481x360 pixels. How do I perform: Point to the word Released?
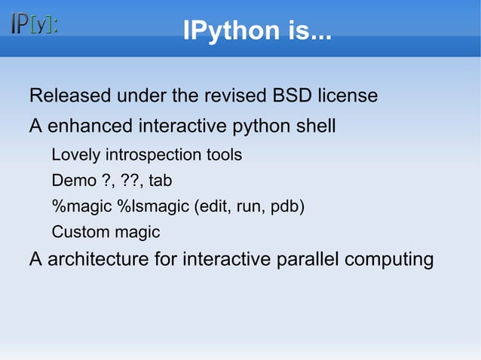(x=66, y=96)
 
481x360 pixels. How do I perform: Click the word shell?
(x=315, y=126)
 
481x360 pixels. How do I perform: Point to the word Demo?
(x=70, y=181)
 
